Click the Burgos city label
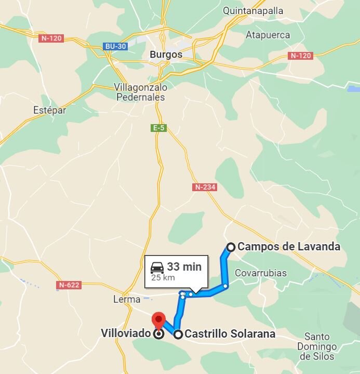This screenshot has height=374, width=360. pyautogui.click(x=166, y=55)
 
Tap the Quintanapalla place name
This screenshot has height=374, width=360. pyautogui.click(x=254, y=10)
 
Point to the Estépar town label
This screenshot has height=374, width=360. pyautogui.click(x=50, y=110)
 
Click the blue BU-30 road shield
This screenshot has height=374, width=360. pyautogui.click(x=115, y=46)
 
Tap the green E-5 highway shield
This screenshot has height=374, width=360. pyautogui.click(x=159, y=128)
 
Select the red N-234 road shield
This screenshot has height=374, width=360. pyautogui.click(x=204, y=187)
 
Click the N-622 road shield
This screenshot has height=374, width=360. pyautogui.click(x=69, y=285)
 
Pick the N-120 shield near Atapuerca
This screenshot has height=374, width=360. pyautogui.click(x=301, y=56)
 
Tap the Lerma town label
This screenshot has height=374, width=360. pyautogui.click(x=127, y=299)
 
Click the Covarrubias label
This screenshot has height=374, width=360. pyautogui.click(x=261, y=273)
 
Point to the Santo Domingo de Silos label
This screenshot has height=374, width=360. pyautogui.click(x=317, y=346)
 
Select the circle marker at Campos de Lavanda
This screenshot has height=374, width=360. pyautogui.click(x=231, y=247)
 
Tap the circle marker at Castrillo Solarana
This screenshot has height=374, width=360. pyautogui.click(x=178, y=335)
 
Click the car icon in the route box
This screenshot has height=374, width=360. pyautogui.click(x=157, y=268)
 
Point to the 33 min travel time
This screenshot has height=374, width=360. pyautogui.click(x=184, y=266)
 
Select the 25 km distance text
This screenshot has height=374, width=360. pyautogui.click(x=163, y=277)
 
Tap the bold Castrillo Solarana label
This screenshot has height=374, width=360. pyautogui.click(x=230, y=334)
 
